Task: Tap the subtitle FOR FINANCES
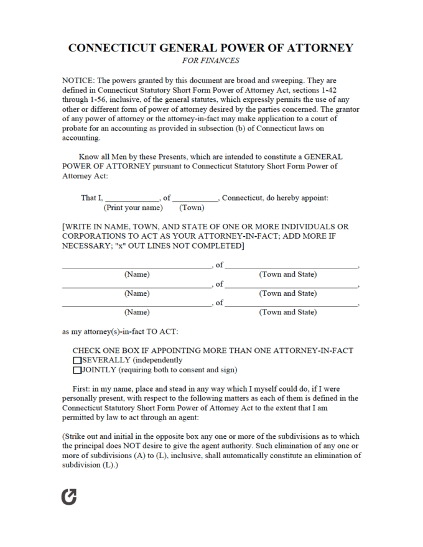click(x=210, y=61)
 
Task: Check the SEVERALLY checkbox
click(x=77, y=360)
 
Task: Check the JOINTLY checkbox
click(x=77, y=370)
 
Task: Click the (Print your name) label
click(x=133, y=208)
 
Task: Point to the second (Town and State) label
click(x=287, y=293)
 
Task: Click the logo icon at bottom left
click(x=70, y=497)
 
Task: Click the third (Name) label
click(x=137, y=313)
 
